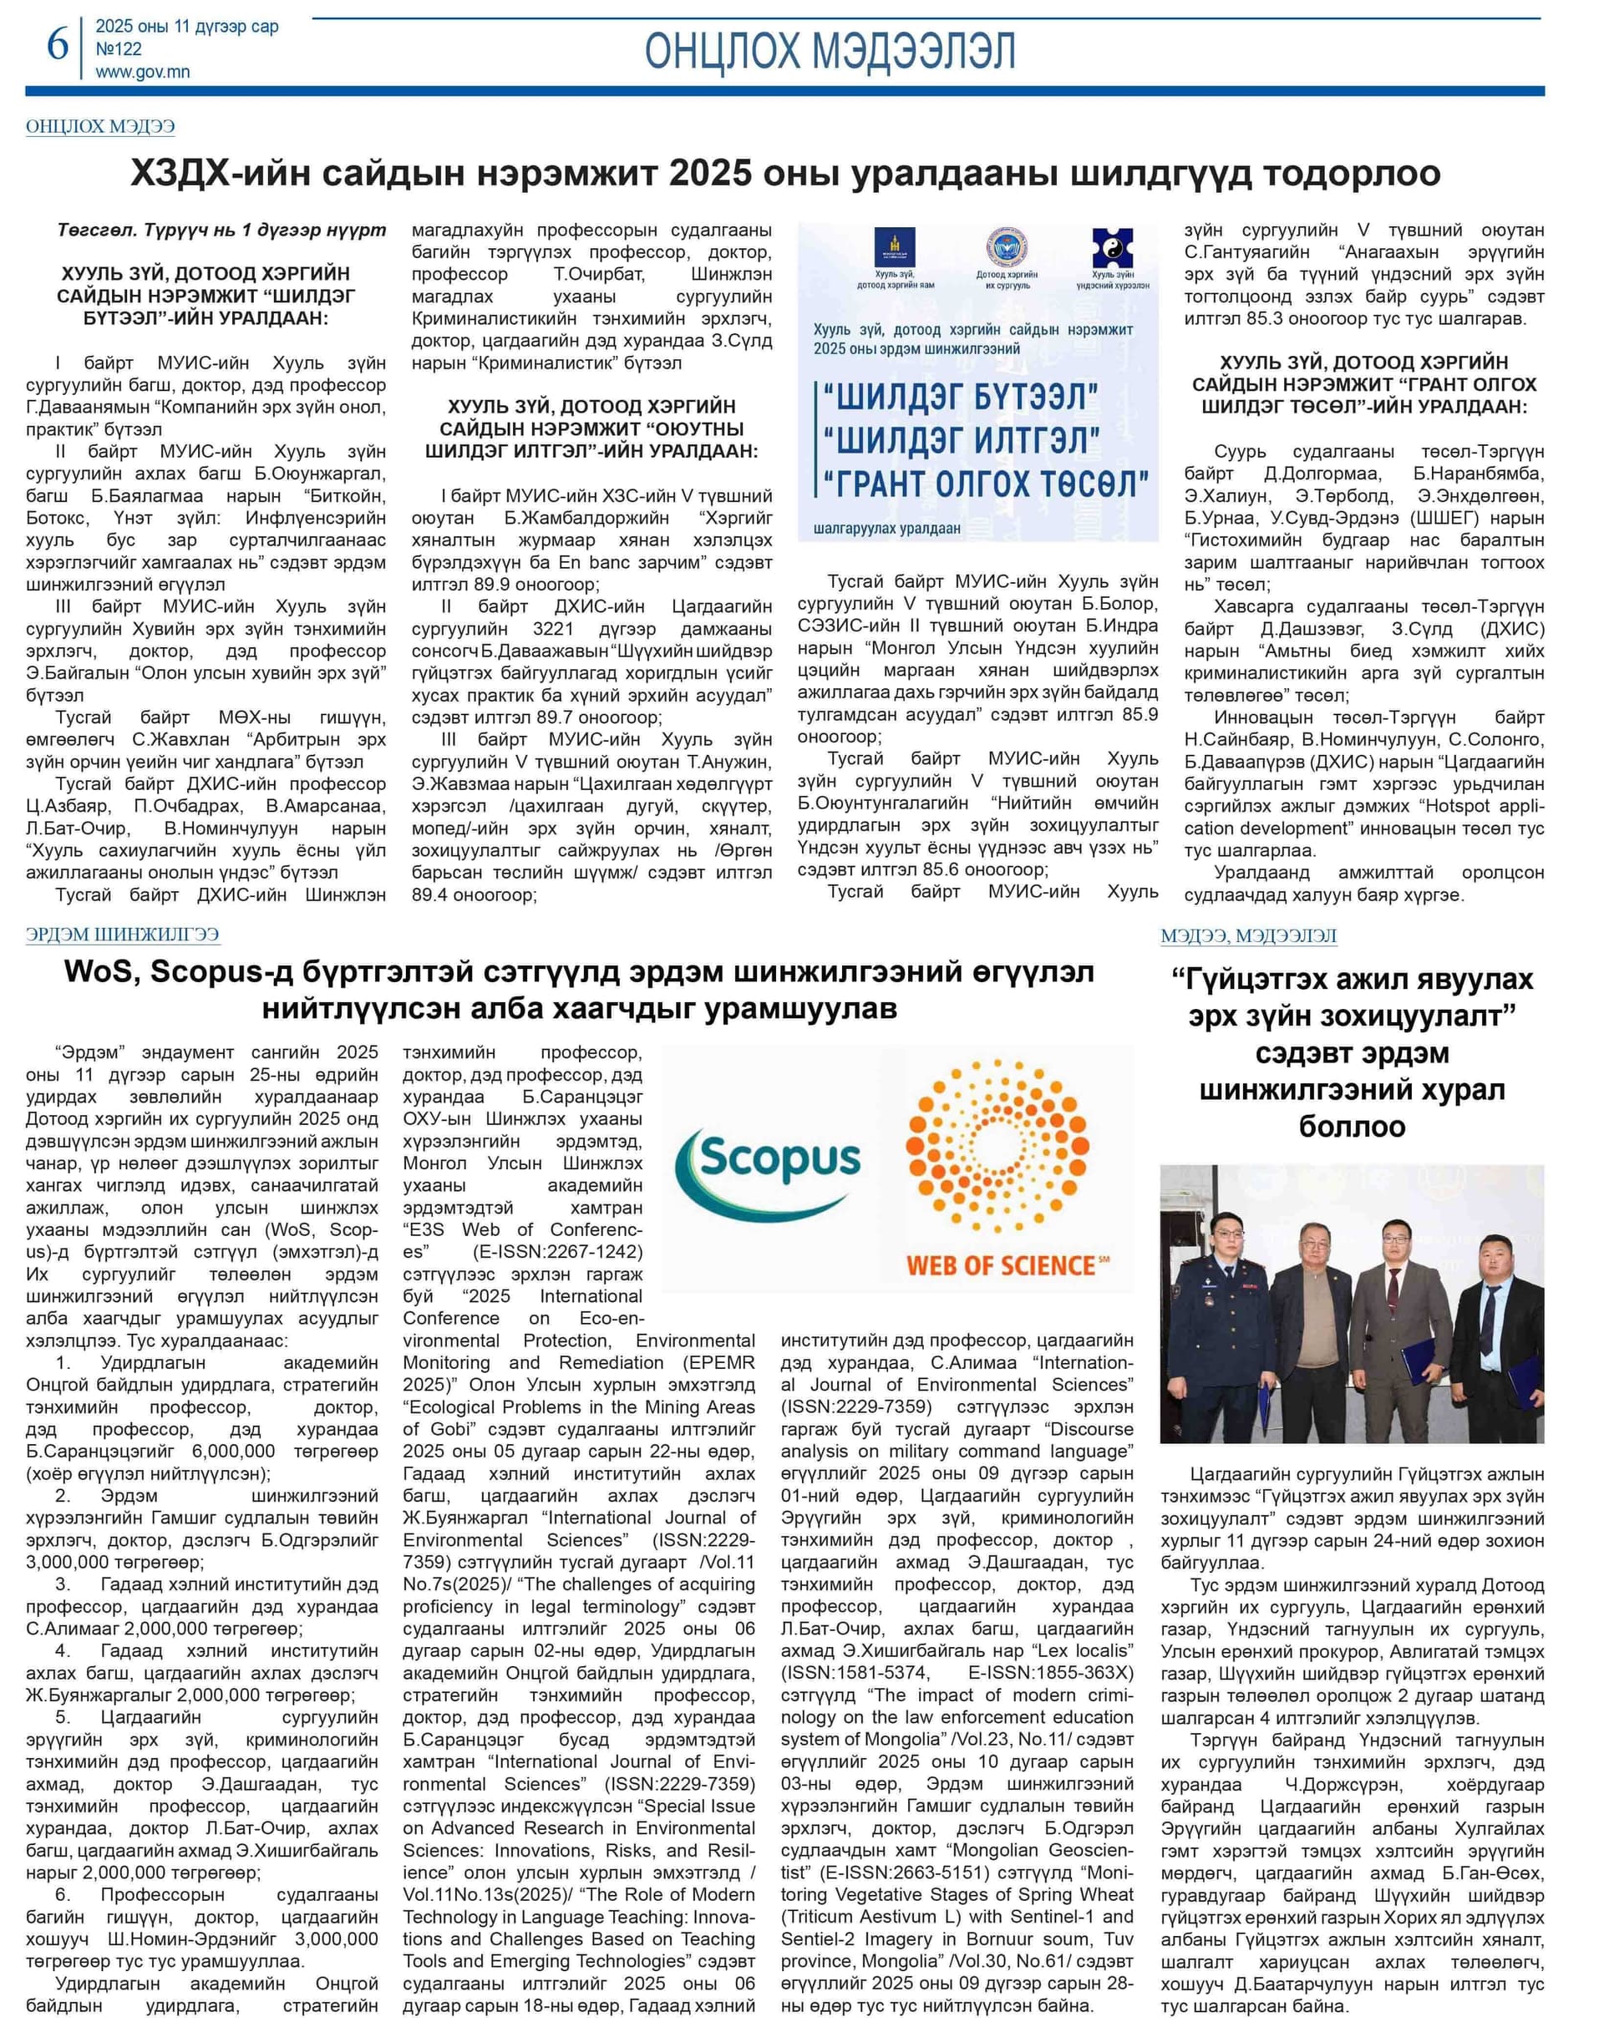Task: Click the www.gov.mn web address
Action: pos(143,72)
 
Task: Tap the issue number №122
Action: pos(119,48)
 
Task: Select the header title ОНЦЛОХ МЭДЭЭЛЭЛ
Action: pos(830,51)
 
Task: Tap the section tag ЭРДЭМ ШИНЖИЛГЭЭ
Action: pos(123,934)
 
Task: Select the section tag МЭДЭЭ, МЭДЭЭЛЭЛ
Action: pos(1247,935)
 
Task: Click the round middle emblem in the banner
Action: pos(1007,247)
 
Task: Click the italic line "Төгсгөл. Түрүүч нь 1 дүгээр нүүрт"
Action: pos(221,231)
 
